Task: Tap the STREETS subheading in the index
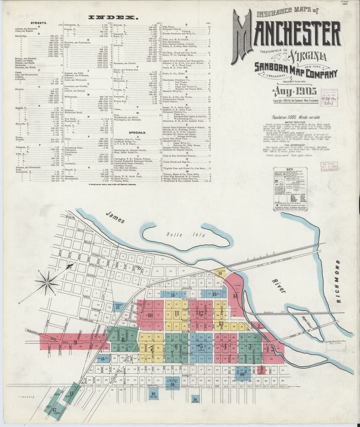click(x=37, y=23)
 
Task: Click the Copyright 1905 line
click(x=295, y=101)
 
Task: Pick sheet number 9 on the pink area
click(x=75, y=342)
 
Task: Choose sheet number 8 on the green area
click(x=123, y=339)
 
